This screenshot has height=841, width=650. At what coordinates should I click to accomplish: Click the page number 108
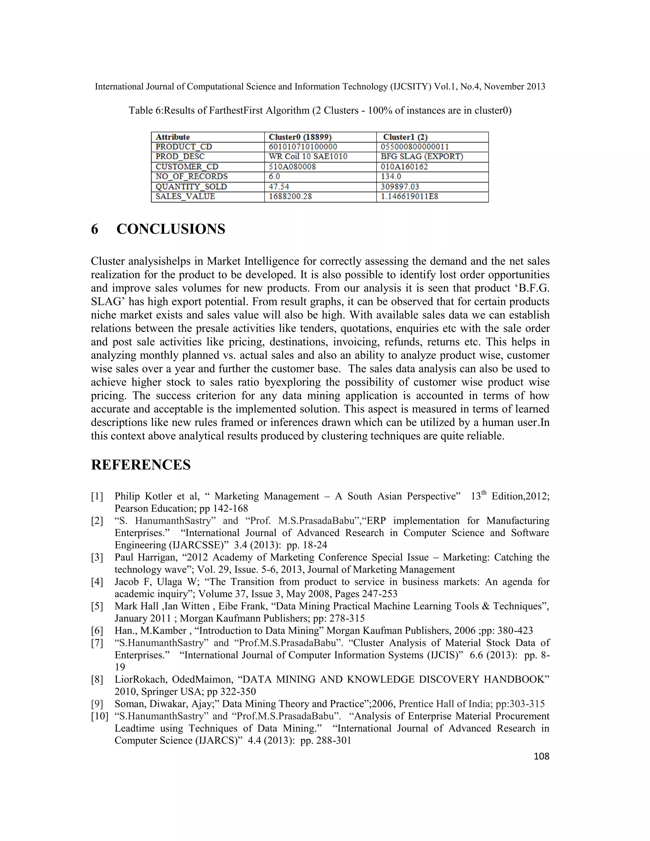point(541,756)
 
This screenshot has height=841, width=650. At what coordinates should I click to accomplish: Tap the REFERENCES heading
point(141,465)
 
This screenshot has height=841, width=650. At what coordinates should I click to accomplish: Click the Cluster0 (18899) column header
point(300,137)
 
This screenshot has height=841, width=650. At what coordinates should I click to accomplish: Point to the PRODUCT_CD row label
point(184,147)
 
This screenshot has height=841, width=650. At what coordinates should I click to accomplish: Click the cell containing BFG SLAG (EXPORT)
point(422,156)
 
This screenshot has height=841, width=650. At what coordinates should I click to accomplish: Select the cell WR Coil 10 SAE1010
point(308,156)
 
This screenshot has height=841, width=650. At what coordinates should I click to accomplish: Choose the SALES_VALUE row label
point(185,196)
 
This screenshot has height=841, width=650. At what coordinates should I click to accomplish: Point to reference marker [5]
point(97,606)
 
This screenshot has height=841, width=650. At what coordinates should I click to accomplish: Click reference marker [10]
point(99,716)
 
